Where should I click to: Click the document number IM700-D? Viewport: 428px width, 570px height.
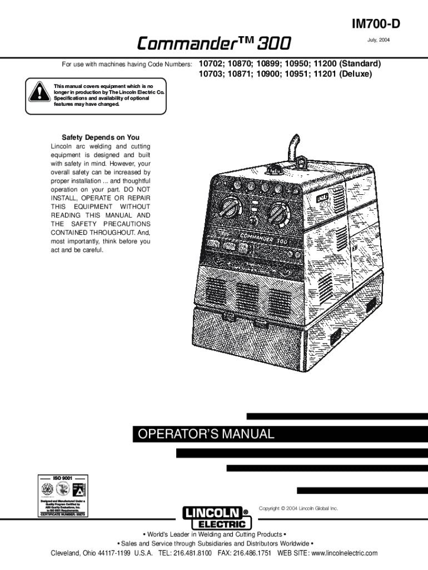tap(375, 24)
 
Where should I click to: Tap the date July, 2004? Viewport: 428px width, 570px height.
tap(378, 41)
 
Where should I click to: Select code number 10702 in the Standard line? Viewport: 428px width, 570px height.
tap(212, 63)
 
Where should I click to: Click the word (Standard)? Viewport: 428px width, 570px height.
tap(360, 63)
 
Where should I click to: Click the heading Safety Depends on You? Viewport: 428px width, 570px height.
tap(101, 137)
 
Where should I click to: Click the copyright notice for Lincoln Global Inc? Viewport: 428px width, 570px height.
tap(298, 508)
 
